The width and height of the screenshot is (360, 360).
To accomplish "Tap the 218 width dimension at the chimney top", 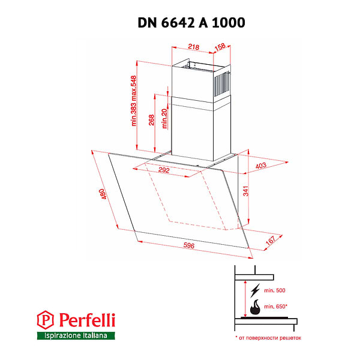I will [193, 47].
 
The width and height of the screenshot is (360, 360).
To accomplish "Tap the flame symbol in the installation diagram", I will [256, 308].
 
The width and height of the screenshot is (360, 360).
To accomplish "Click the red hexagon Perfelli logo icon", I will [45, 318].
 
